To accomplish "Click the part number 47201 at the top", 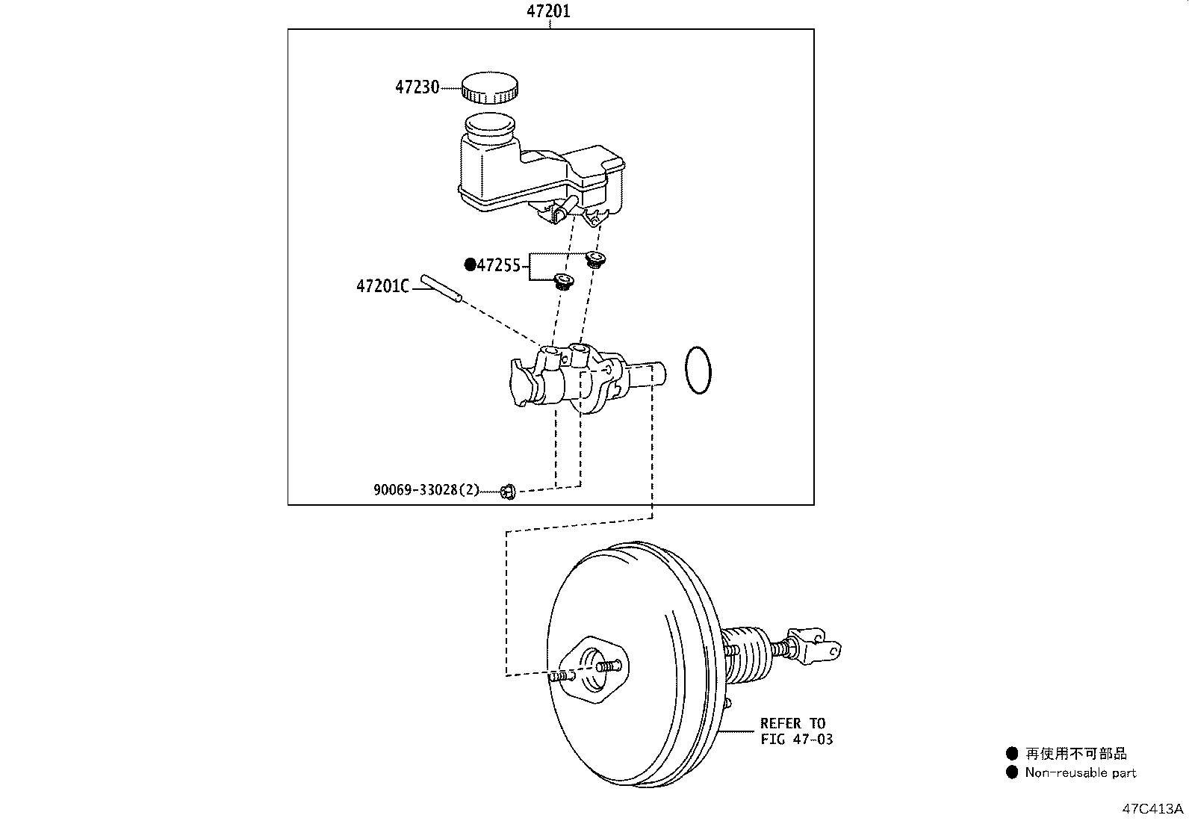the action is [548, 11].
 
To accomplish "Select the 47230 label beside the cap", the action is [417, 87].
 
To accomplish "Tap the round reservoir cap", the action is [489, 87].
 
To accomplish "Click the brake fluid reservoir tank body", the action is [541, 169].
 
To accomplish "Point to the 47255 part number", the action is [499, 265].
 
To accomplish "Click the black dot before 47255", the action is [471, 264].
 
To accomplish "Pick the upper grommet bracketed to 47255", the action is [595, 260].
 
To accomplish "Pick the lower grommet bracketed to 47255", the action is [563, 282].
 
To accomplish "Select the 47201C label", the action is [382, 287].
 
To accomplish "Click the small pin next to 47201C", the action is [441, 288].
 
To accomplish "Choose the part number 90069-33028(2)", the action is [426, 489].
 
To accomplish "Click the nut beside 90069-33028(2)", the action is [508, 492].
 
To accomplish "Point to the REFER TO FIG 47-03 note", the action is [796, 731].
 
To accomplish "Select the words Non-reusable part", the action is [1080, 772].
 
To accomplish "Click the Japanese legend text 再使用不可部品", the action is [1075, 753].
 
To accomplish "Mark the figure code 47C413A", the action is [1152, 809].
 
